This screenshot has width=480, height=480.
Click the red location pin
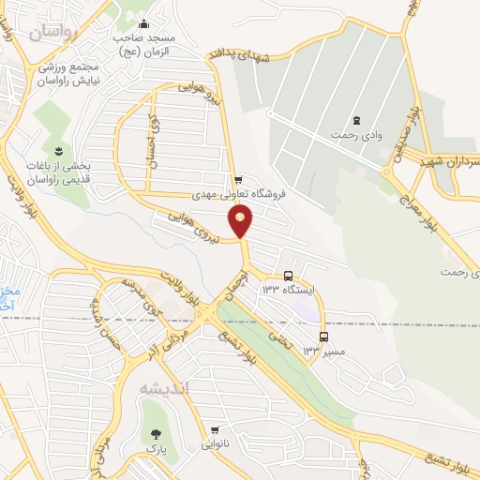pyautogui.click(x=241, y=221)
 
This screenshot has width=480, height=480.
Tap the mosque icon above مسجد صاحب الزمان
pyautogui.click(x=143, y=25)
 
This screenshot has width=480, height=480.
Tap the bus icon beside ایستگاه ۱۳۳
pyautogui.click(x=288, y=276)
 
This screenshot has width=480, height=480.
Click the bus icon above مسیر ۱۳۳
pyautogui.click(x=323, y=337)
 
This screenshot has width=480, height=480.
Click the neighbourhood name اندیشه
pyautogui.click(x=165, y=387)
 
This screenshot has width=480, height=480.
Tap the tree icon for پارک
pyautogui.click(x=156, y=433)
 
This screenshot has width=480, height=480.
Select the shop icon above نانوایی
pyautogui.click(x=215, y=430)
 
